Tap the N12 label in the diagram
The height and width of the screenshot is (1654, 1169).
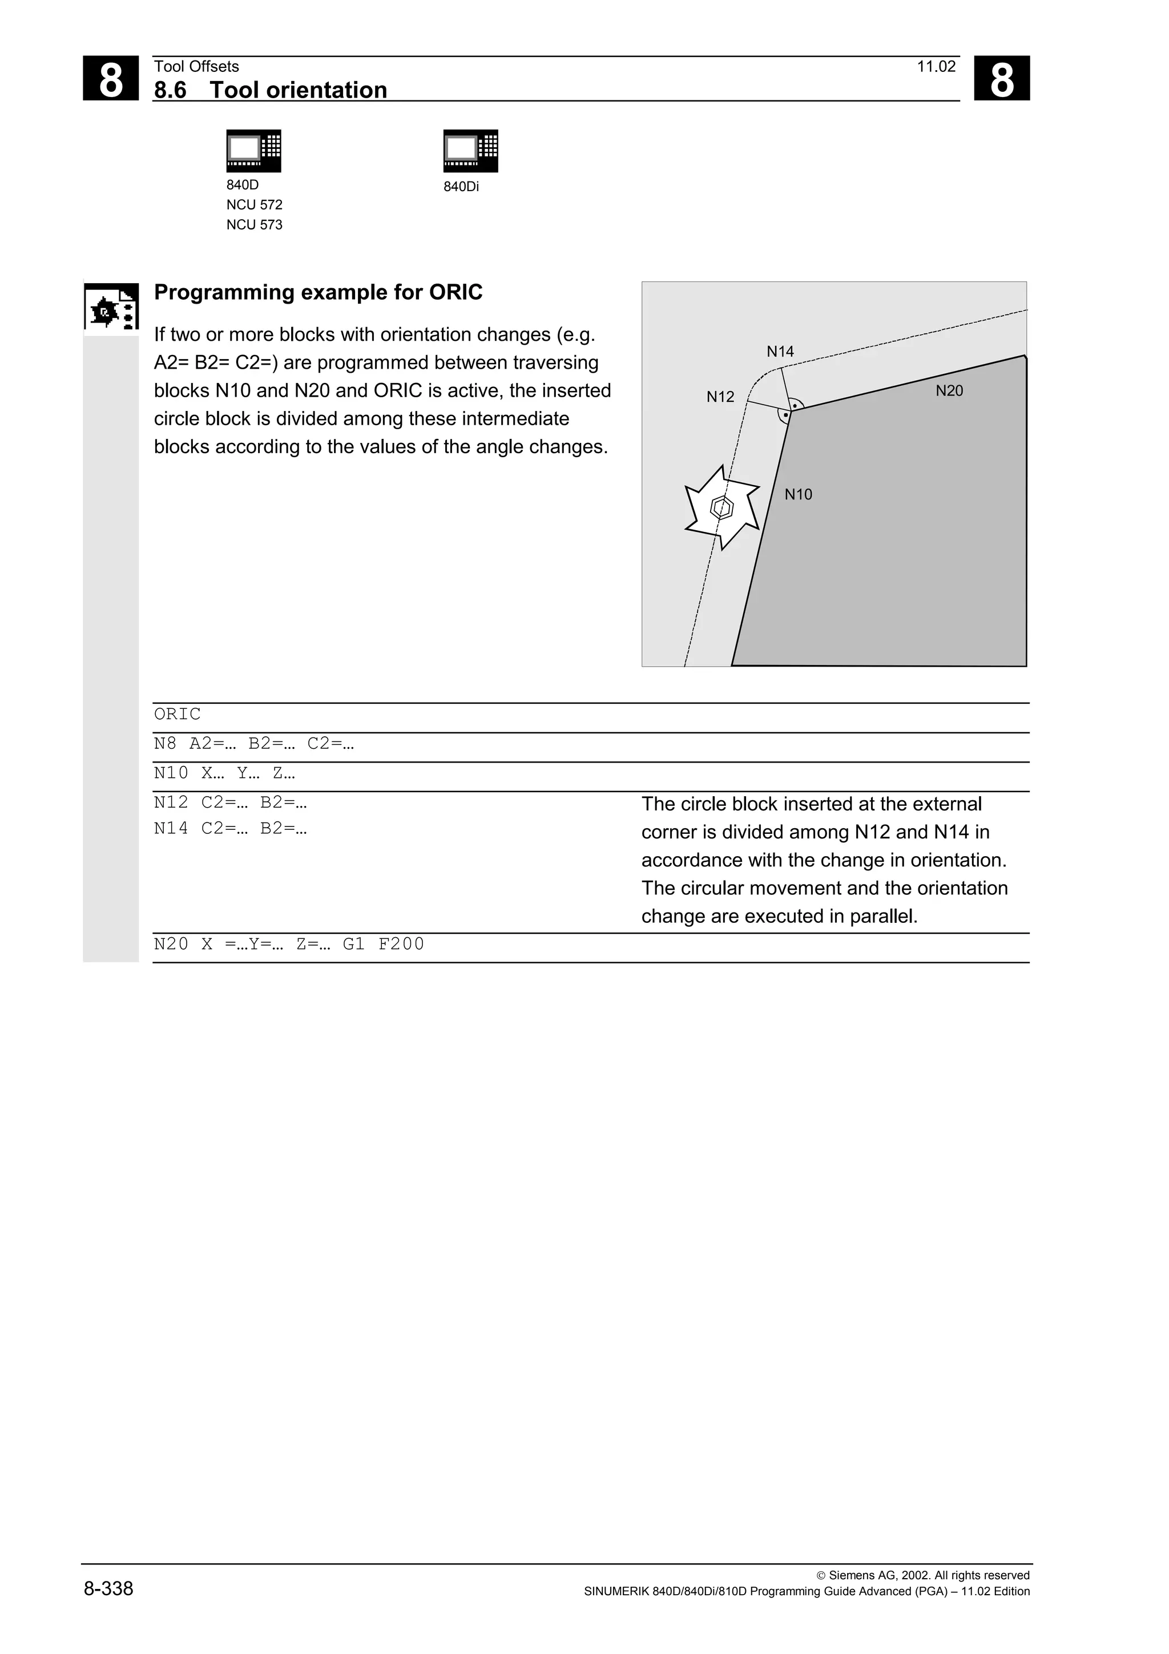(720, 397)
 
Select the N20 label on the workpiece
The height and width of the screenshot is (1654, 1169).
(949, 391)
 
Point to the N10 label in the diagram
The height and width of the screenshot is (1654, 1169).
(797, 494)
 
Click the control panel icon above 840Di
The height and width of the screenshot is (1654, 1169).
(470, 151)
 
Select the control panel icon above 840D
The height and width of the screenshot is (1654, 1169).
(253, 151)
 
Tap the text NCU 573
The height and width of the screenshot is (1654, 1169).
(254, 225)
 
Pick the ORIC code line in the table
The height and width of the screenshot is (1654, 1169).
(177, 714)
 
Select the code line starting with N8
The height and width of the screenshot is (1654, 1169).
(253, 744)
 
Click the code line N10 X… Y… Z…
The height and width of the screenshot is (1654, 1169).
(224, 773)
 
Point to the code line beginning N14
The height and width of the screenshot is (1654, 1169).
(230, 829)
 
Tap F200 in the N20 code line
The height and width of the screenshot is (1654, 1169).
(401, 943)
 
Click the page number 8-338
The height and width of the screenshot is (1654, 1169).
(108, 1588)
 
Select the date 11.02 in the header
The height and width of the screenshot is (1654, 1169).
(936, 67)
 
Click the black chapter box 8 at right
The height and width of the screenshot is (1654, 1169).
(1001, 79)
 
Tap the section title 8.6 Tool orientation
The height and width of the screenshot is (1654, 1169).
(270, 90)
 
